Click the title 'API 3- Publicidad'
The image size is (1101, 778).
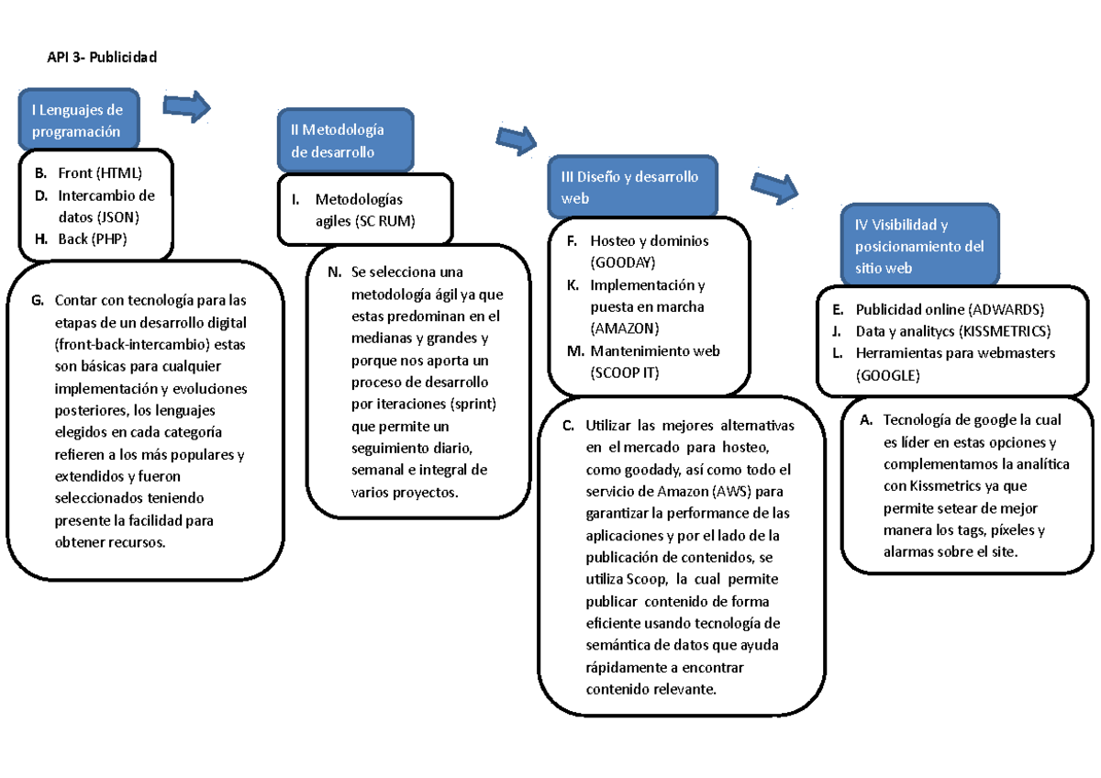[103, 58]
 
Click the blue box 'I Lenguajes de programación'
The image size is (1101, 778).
[78, 119]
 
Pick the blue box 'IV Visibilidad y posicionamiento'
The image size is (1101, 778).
[920, 245]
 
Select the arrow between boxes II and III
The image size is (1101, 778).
[517, 139]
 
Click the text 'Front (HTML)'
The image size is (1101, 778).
[100, 172]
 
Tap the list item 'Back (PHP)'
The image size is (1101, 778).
[92, 239]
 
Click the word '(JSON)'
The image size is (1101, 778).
[118, 217]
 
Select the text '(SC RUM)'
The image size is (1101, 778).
[384, 221]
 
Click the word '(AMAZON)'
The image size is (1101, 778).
[625, 328]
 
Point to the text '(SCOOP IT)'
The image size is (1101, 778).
[625, 372]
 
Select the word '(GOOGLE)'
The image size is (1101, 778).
[887, 375]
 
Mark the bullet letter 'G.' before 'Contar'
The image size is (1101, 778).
[37, 299]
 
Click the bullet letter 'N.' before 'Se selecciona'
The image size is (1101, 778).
[332, 272]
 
